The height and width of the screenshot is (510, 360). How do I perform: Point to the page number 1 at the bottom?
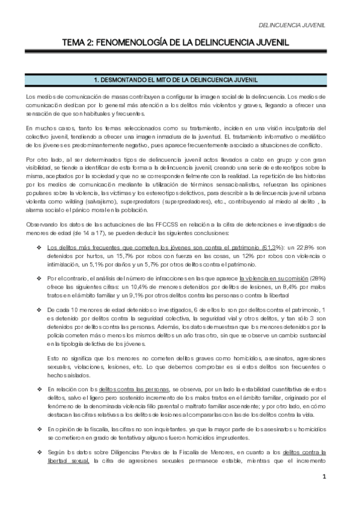323,494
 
